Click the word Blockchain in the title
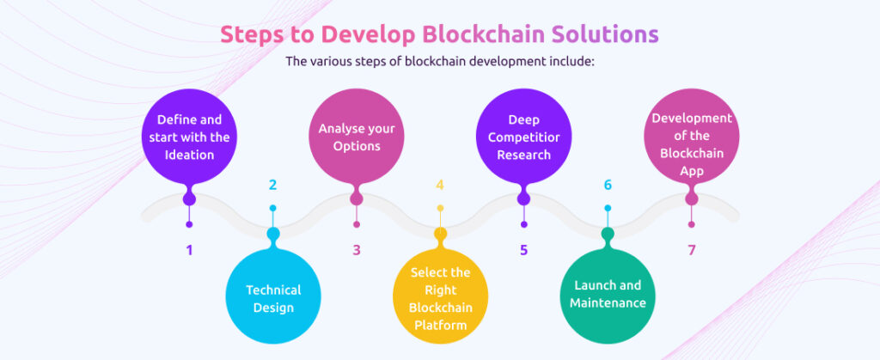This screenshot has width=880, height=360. [x=481, y=34]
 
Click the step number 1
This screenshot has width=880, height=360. [x=189, y=251]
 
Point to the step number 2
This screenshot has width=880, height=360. [x=272, y=185]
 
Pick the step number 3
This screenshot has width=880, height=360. [x=357, y=251]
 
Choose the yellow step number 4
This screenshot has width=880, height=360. [x=440, y=185]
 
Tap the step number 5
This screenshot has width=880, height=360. [x=524, y=251]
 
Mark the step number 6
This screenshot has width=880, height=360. [x=608, y=185]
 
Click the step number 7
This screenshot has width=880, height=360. [x=691, y=251]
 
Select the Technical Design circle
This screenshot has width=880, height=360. [x=272, y=297]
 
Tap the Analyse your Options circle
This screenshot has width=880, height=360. [x=357, y=137]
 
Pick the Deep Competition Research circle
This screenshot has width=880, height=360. [x=524, y=137]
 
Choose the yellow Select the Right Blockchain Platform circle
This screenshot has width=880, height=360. [x=440, y=297]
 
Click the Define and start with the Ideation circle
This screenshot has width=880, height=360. [x=189, y=137]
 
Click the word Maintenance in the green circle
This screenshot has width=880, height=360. [x=608, y=302]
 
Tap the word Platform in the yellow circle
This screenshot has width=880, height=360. [x=440, y=325]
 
